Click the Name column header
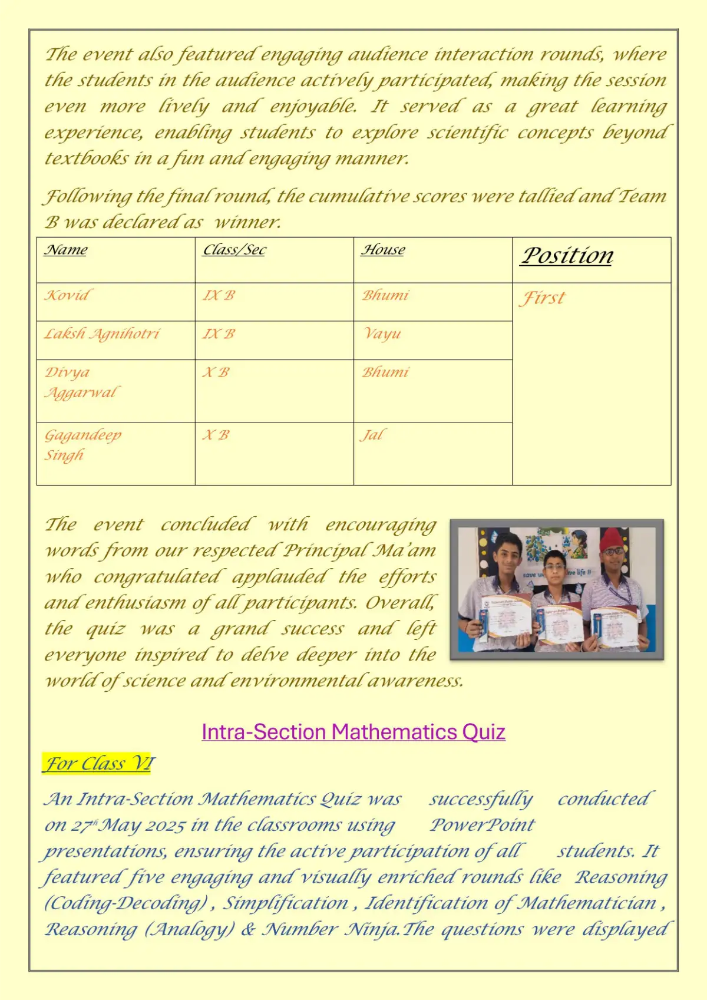65,250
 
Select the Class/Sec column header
234,250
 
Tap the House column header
383,250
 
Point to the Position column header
567,255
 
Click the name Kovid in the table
67,295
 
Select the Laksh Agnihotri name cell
102,334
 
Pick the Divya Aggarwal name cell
81,382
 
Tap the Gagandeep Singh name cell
82,445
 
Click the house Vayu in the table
382,334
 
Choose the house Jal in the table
372,435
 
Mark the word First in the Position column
542,298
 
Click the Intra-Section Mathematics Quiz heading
353,732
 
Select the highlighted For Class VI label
99,764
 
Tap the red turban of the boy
615,538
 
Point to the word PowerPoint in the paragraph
482,825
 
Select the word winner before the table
247,222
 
